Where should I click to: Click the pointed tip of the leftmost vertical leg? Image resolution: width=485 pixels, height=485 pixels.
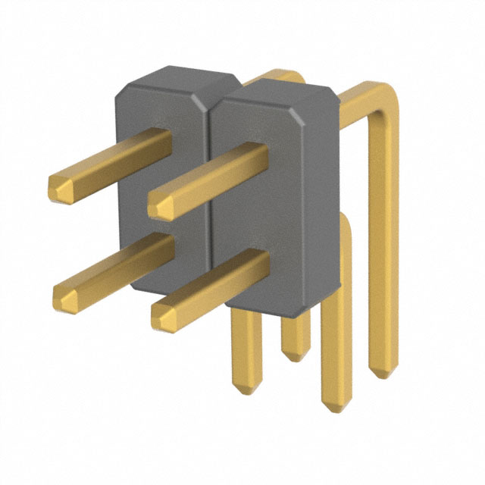tap(244, 386)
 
